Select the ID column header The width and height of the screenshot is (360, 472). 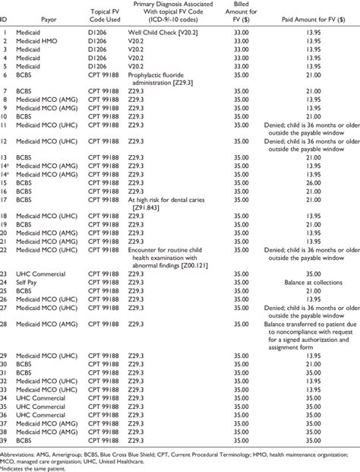[x=5, y=24]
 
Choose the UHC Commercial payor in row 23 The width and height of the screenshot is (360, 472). [x=37, y=274]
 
